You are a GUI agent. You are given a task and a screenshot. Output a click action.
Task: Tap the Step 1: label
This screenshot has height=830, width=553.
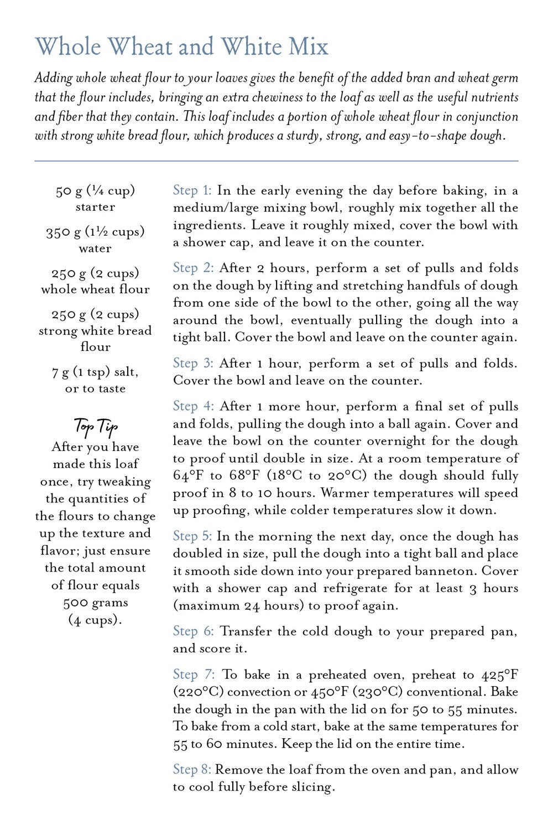[x=192, y=191]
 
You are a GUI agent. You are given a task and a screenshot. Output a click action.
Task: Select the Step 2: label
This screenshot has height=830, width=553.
[x=193, y=268]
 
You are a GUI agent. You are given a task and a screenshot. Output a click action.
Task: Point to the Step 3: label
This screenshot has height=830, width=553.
[x=193, y=364]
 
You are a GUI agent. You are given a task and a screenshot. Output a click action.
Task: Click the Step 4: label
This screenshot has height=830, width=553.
[x=193, y=406]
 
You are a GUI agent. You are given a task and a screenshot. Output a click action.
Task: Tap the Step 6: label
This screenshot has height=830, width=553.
[x=193, y=631]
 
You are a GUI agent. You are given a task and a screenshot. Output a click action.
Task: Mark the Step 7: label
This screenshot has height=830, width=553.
[x=193, y=675]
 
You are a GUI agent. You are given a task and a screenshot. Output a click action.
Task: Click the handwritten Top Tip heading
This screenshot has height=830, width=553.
[x=96, y=427]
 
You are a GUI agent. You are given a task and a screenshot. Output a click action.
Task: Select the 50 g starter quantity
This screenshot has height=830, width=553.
[x=69, y=191]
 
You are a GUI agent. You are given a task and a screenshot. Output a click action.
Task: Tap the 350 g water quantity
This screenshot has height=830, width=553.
[x=60, y=232]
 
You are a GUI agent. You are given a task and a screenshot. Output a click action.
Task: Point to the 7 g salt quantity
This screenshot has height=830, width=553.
[x=59, y=372]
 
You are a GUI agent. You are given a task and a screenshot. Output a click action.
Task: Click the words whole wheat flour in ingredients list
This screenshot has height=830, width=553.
[x=95, y=289]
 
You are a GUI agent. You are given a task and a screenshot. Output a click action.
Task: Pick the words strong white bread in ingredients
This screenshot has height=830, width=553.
[x=95, y=331]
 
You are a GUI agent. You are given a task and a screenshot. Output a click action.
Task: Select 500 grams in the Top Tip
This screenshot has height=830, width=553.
[x=96, y=603]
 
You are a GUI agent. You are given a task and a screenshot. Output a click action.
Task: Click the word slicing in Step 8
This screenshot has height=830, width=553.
[x=314, y=787]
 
